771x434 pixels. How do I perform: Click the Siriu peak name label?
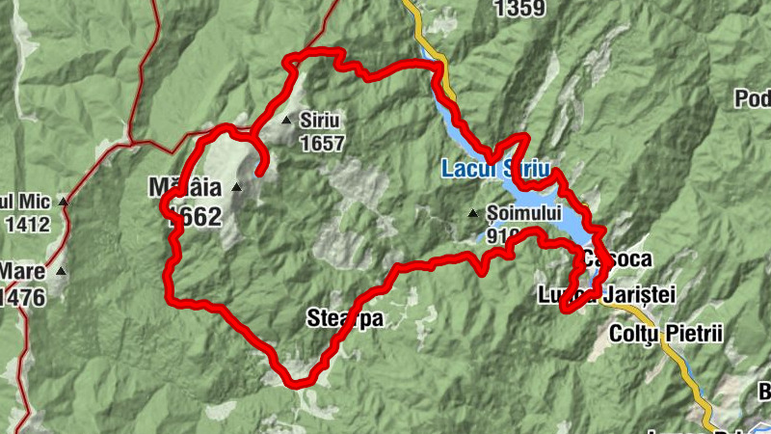(x=322, y=122)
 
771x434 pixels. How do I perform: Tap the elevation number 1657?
(x=322, y=143)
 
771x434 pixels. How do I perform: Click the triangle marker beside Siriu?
(x=286, y=121)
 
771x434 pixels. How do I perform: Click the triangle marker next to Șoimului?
(x=473, y=213)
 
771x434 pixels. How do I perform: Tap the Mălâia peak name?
(x=185, y=184)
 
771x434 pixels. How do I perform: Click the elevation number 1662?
(x=194, y=216)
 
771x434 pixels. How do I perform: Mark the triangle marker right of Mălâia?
(x=236, y=187)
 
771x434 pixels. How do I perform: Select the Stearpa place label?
(x=338, y=318)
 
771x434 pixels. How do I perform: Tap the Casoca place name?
(x=618, y=259)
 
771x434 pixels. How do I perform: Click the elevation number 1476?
(x=23, y=298)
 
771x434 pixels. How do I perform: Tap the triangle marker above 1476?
(x=62, y=271)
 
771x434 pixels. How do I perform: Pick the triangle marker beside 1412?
(x=64, y=202)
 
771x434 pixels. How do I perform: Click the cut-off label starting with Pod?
(x=755, y=99)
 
